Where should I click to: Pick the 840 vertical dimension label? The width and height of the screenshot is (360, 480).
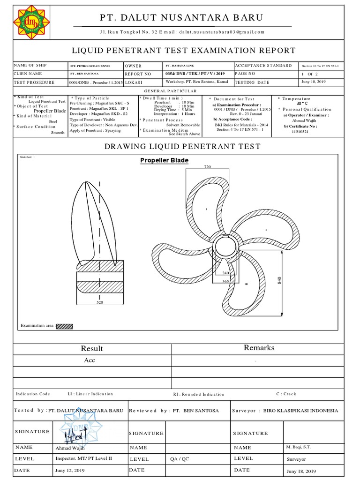280,281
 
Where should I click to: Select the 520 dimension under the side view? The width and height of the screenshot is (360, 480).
99,303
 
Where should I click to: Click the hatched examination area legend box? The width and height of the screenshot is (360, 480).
65,326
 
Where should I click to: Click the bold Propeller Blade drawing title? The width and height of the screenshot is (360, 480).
165,161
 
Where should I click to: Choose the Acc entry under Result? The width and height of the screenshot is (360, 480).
90,361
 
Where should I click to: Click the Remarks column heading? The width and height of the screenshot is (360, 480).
259,348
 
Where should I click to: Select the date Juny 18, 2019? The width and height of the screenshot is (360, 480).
300,471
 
